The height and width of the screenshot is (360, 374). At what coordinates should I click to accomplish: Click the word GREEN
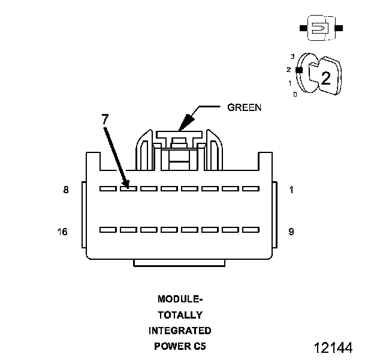click(x=245, y=108)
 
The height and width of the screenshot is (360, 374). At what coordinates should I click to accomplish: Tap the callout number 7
click(x=105, y=119)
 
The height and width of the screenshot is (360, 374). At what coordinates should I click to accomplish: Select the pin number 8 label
click(x=66, y=190)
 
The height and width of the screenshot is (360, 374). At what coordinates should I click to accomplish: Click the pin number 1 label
click(x=291, y=190)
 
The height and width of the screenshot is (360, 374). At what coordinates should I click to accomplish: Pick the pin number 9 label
click(x=291, y=232)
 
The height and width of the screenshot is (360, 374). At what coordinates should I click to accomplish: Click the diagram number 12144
click(x=333, y=347)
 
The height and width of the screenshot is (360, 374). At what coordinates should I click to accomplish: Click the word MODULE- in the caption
click(x=180, y=299)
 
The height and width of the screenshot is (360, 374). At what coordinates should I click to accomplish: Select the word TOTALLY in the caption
click(x=180, y=314)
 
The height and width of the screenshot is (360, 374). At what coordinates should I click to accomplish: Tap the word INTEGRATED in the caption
click(x=180, y=331)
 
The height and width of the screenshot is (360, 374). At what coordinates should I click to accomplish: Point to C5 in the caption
click(x=199, y=346)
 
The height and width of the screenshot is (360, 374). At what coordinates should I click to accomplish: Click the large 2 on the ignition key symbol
click(x=325, y=77)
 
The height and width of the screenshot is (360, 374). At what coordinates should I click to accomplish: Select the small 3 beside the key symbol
click(x=292, y=56)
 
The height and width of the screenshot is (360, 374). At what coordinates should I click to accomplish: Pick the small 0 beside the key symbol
click(x=294, y=94)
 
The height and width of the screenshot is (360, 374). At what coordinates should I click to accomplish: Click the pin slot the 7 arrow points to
click(x=128, y=188)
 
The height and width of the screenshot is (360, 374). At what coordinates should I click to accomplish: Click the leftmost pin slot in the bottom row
click(x=107, y=229)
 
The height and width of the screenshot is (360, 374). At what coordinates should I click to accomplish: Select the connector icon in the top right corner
click(x=321, y=28)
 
